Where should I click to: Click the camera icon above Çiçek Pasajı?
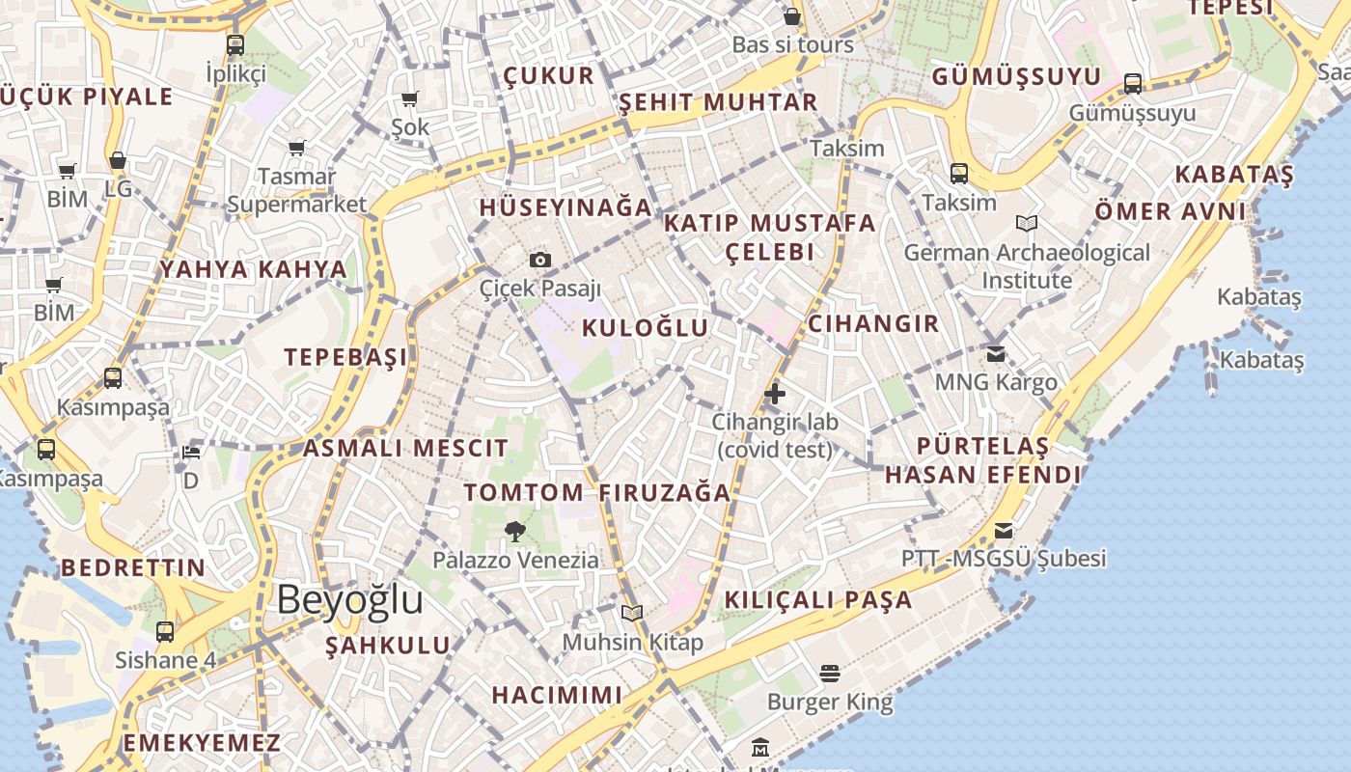point(540,260)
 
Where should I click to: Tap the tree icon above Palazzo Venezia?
point(514,530)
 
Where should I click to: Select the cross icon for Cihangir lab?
point(774,394)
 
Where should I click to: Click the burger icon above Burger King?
point(830,672)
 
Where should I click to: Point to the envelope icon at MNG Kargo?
point(996,353)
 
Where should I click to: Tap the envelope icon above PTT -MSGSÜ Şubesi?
point(1004,530)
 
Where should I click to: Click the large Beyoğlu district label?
point(349,599)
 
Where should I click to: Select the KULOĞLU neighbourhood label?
point(645,328)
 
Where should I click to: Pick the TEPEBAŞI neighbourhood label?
point(345,357)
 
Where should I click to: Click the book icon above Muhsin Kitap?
point(632,613)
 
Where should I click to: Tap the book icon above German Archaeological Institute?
point(1027,224)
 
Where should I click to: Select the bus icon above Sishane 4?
point(165,632)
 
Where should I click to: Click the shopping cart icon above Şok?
point(410,98)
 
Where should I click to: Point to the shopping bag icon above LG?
point(118,160)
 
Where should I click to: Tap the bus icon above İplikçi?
point(235,44)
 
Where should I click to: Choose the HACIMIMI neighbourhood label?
point(557,695)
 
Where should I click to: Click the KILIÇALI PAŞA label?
point(817,599)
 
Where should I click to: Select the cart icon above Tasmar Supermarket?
point(297,148)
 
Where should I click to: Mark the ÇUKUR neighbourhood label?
point(548,76)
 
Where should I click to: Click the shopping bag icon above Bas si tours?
point(792,16)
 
